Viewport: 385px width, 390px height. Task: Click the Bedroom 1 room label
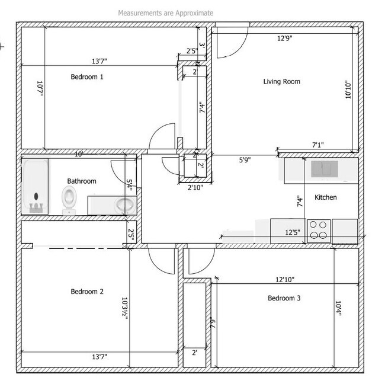(87, 76)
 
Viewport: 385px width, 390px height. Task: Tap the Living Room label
(281, 81)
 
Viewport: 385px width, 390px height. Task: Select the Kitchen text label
(326, 197)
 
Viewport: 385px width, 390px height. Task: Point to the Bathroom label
(81, 181)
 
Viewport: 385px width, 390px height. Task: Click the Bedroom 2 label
(87, 292)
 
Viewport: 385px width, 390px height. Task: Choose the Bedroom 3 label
(284, 298)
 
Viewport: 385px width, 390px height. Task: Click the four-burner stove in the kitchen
(319, 231)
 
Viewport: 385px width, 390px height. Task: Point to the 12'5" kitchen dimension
(292, 232)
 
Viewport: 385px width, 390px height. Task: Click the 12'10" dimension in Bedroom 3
(285, 279)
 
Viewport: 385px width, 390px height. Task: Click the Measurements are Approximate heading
(166, 12)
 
